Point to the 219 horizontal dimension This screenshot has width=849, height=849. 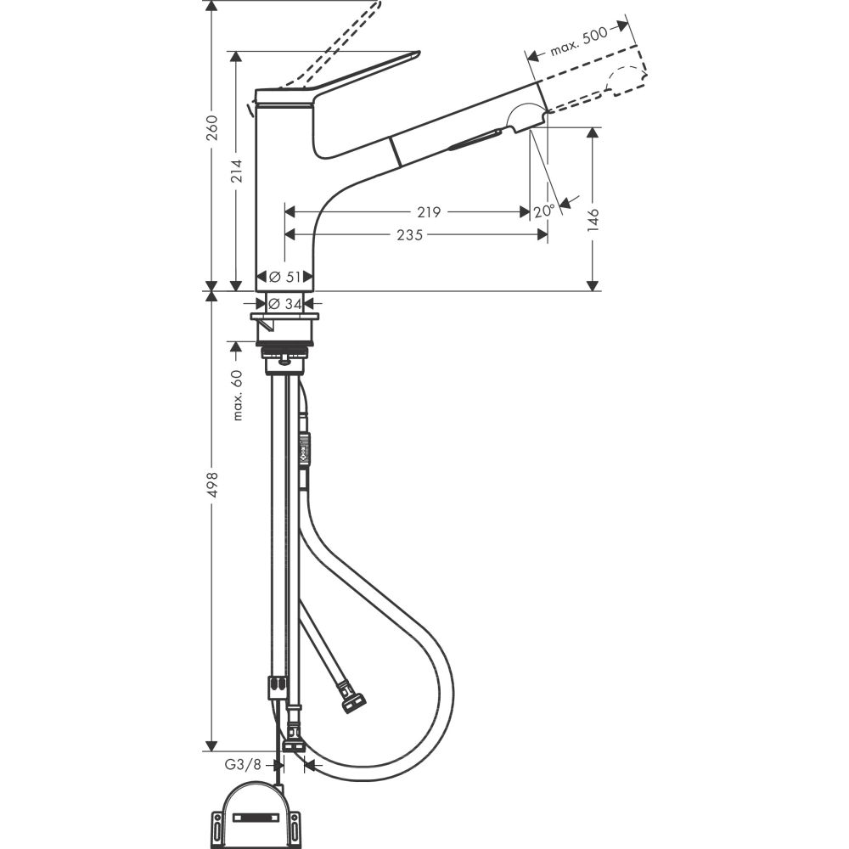(x=429, y=212)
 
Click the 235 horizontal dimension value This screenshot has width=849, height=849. (x=409, y=235)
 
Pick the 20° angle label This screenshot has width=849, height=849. (x=544, y=211)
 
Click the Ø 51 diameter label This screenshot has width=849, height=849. (x=285, y=277)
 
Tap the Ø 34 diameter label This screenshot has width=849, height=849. (x=285, y=304)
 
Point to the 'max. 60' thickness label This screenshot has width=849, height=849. (x=238, y=395)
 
